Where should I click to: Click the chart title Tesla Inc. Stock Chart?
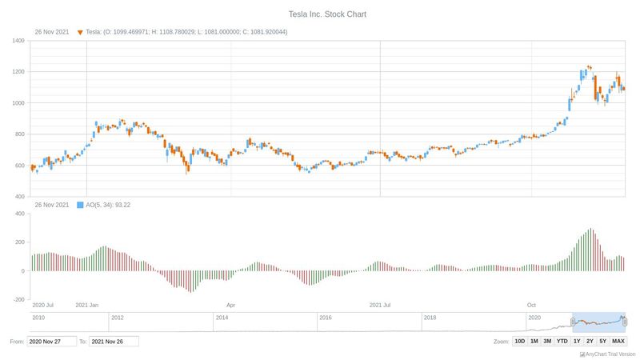coord(320,14)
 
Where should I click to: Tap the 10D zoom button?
coord(520,341)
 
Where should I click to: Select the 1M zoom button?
coord(534,341)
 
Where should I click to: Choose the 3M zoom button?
coord(547,341)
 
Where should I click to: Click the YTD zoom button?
coord(562,341)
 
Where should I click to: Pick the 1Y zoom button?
coord(577,341)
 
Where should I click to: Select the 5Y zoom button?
coord(602,341)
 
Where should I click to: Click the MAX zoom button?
coord(618,341)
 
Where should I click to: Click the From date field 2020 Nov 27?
coord(52,342)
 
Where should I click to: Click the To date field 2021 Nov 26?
coord(114,342)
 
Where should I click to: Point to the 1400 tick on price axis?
coord(18,41)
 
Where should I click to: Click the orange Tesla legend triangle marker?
coord(80,32)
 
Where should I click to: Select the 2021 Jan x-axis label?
coord(86,305)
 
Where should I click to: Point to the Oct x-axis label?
coord(531,305)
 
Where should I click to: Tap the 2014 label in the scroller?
coord(222,318)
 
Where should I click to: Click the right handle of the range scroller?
coord(624,322)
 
